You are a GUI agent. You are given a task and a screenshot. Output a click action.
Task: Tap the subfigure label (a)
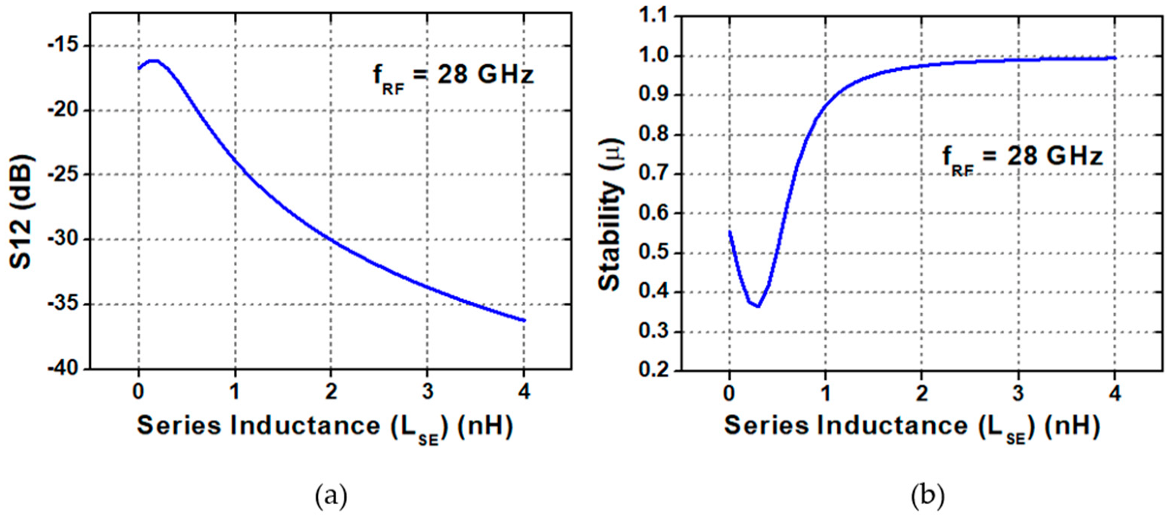pyautogui.click(x=327, y=496)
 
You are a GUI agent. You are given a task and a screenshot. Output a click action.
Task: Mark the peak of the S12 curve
pyautogui.click(x=152, y=61)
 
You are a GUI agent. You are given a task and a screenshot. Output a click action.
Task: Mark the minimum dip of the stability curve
pyautogui.click(x=757, y=306)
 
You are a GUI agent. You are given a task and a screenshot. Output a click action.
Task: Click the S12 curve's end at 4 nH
pyautogui.click(x=524, y=320)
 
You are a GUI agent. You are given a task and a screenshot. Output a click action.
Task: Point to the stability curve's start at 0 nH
pyautogui.click(x=729, y=232)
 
